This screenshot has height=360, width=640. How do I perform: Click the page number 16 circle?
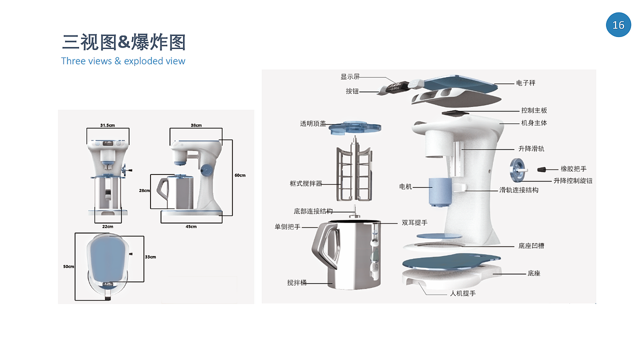(618, 24)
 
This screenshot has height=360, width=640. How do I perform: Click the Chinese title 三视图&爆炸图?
(123, 42)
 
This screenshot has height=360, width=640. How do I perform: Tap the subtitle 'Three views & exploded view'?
(123, 61)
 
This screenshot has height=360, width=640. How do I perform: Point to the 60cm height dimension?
(240, 175)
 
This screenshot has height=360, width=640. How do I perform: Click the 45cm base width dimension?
(191, 226)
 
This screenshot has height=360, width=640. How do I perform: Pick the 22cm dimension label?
(107, 226)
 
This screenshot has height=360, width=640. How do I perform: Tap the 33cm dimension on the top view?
(150, 257)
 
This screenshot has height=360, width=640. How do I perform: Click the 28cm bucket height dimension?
(144, 190)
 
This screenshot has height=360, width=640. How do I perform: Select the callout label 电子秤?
(525, 83)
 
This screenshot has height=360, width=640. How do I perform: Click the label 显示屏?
(350, 77)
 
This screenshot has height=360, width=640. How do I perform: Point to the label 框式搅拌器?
(302, 183)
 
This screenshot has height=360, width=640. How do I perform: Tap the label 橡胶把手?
(570, 169)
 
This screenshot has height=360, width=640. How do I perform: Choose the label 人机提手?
(462, 293)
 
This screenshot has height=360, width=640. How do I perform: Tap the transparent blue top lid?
(354, 127)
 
